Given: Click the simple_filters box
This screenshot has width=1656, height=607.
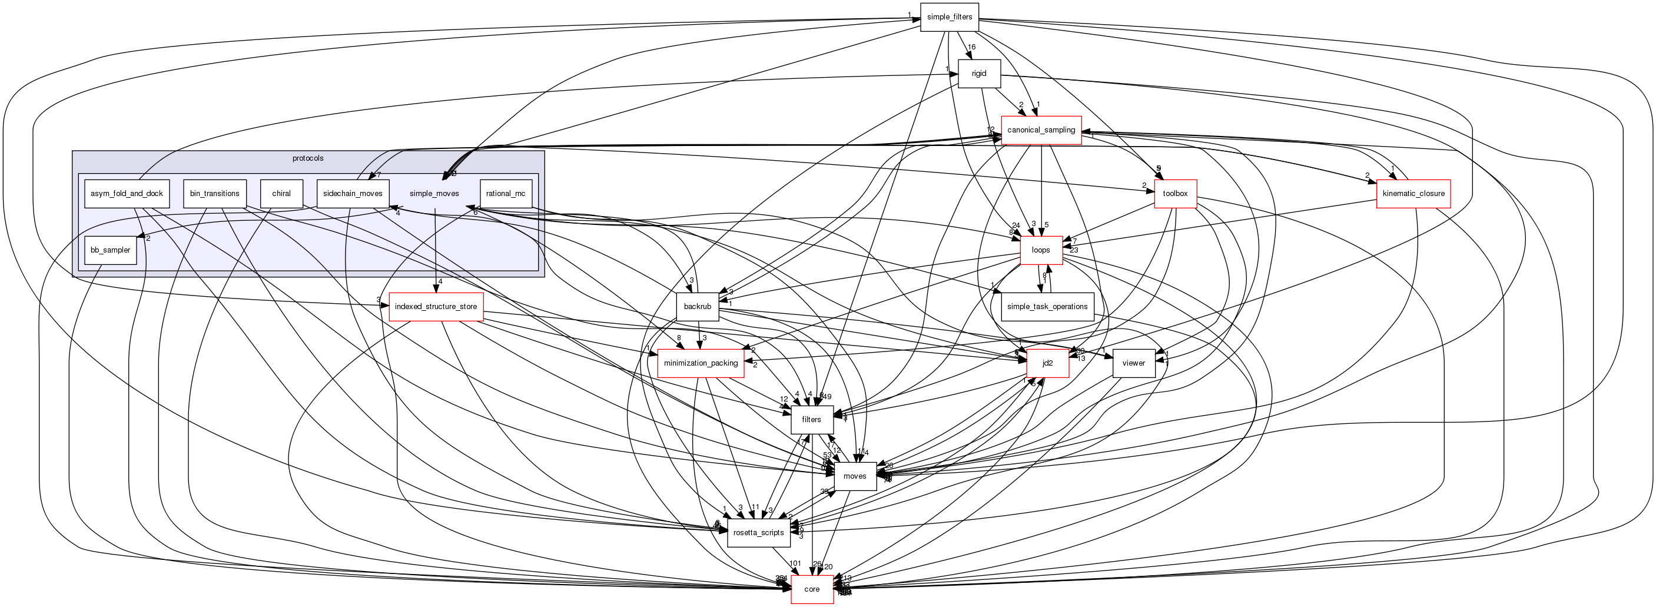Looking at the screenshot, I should pos(949,16).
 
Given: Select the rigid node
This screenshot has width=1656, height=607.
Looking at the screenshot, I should pos(978,74).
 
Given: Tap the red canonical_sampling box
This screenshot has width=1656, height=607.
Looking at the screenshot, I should pos(1041,130).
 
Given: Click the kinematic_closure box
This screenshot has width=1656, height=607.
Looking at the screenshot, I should pos(1413,194).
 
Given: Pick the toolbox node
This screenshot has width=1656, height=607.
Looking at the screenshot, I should pos(1175,194).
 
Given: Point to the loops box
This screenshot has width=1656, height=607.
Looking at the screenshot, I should pos(1040,250).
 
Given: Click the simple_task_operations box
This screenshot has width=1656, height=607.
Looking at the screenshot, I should pos(1047,307).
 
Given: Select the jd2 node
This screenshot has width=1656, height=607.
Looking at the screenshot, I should pos(1047,363).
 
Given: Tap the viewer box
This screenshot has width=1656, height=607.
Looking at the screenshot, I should pos(1133,363).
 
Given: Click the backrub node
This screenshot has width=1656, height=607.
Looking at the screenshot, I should pos(697,307).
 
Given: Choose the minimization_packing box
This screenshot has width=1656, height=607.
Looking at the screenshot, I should pos(701,363).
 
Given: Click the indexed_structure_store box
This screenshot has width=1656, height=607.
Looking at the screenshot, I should pos(436,307).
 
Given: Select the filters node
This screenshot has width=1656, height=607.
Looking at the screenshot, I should pos(811,419).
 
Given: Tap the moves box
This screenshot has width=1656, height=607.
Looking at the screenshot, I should pos(854,476).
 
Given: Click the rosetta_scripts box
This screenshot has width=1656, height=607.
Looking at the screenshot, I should pos(759,532).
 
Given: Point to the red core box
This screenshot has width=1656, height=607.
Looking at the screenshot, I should pos(811,589).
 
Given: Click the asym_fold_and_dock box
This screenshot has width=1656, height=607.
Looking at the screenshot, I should pos(127,194).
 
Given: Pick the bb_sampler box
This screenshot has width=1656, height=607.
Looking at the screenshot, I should pos(111,250).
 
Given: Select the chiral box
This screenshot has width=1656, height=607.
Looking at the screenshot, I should pos(281,194).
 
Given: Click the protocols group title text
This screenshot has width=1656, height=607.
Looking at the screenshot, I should pos(308,158).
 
